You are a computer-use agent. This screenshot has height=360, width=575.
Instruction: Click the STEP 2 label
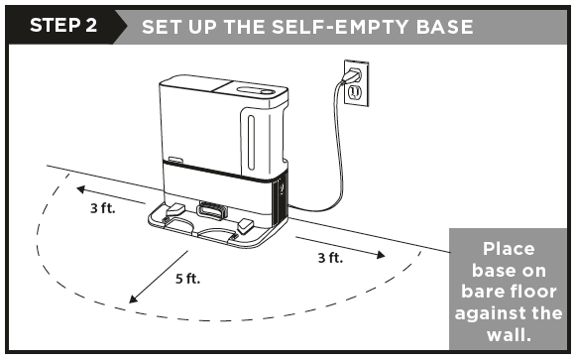[x=62, y=25]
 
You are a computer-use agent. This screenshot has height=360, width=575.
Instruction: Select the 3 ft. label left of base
[x=103, y=209]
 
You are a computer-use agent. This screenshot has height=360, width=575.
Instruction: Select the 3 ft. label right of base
[x=329, y=258]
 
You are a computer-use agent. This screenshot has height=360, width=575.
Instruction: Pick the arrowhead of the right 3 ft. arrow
[x=381, y=255]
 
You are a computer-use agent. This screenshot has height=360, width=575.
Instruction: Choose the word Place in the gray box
[x=508, y=248]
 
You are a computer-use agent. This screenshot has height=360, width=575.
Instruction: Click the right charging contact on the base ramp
[x=243, y=226]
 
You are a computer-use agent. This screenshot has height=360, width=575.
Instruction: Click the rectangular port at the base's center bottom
[x=210, y=210]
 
